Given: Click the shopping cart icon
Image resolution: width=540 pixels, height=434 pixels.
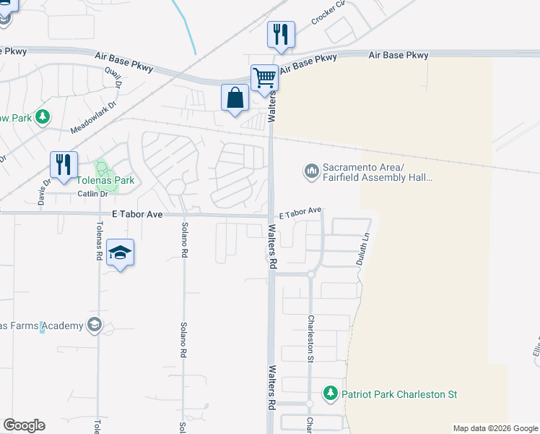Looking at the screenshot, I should (264, 76).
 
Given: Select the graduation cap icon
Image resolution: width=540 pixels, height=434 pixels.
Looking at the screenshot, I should (120, 252).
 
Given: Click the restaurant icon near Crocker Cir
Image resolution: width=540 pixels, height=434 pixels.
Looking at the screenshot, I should (281, 34).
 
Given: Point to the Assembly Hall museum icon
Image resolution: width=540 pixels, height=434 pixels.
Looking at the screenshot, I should (311, 171).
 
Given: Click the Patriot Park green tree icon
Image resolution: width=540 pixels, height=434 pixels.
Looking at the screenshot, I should (331, 394).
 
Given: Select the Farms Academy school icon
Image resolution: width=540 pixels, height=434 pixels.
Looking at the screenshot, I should (93, 325).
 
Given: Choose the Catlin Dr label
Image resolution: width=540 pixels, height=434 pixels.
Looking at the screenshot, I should (92, 194).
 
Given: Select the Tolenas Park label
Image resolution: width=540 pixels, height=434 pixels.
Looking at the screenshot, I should (106, 181).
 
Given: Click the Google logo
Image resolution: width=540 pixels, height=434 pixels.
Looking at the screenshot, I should (24, 425).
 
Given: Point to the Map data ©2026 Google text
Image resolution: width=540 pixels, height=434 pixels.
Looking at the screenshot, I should (495, 428).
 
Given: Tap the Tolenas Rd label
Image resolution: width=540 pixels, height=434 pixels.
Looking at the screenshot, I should (98, 246).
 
